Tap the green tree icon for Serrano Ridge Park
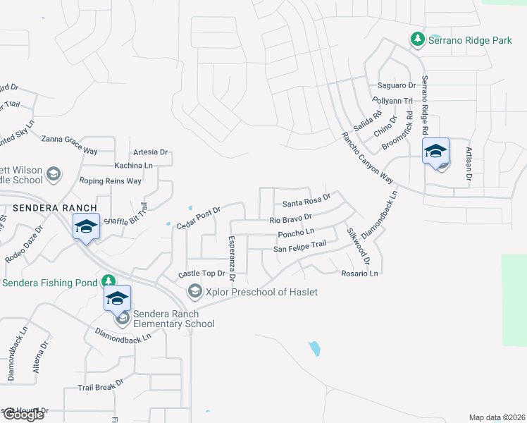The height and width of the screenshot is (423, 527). (417, 39)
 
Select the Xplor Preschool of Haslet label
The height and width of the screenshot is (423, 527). (262, 292)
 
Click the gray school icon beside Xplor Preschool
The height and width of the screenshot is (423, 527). (194, 290)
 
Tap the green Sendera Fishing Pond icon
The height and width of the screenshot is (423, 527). (108, 281)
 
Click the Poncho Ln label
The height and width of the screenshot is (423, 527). (296, 232)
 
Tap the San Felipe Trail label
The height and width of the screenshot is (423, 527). (300, 246)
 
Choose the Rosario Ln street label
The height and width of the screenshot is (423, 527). (359, 273)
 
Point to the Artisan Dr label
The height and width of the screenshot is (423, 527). (468, 164)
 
